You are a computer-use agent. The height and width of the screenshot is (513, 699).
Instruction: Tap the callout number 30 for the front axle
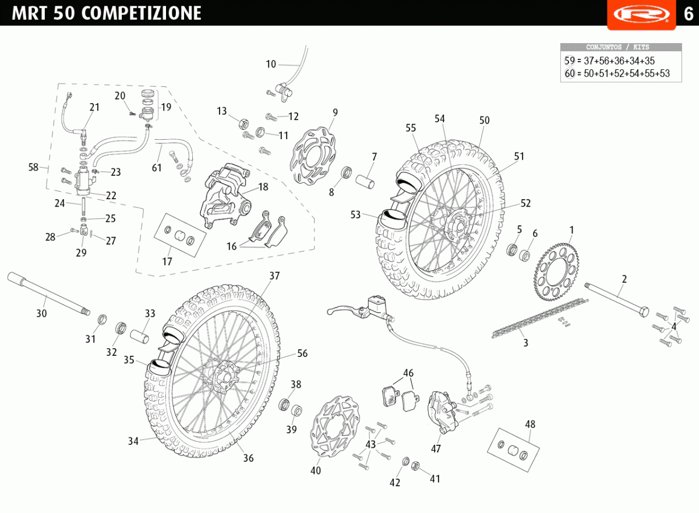point(41,313)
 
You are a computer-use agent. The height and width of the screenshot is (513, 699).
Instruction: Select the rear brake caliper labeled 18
point(224,195)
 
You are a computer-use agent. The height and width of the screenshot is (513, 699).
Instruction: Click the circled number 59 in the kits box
point(570,61)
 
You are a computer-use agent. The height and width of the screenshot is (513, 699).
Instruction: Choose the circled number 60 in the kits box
point(570,73)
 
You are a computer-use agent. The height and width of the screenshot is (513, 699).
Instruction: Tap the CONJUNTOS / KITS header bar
point(620,47)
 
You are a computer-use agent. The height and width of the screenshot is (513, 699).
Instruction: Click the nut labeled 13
point(244,123)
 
